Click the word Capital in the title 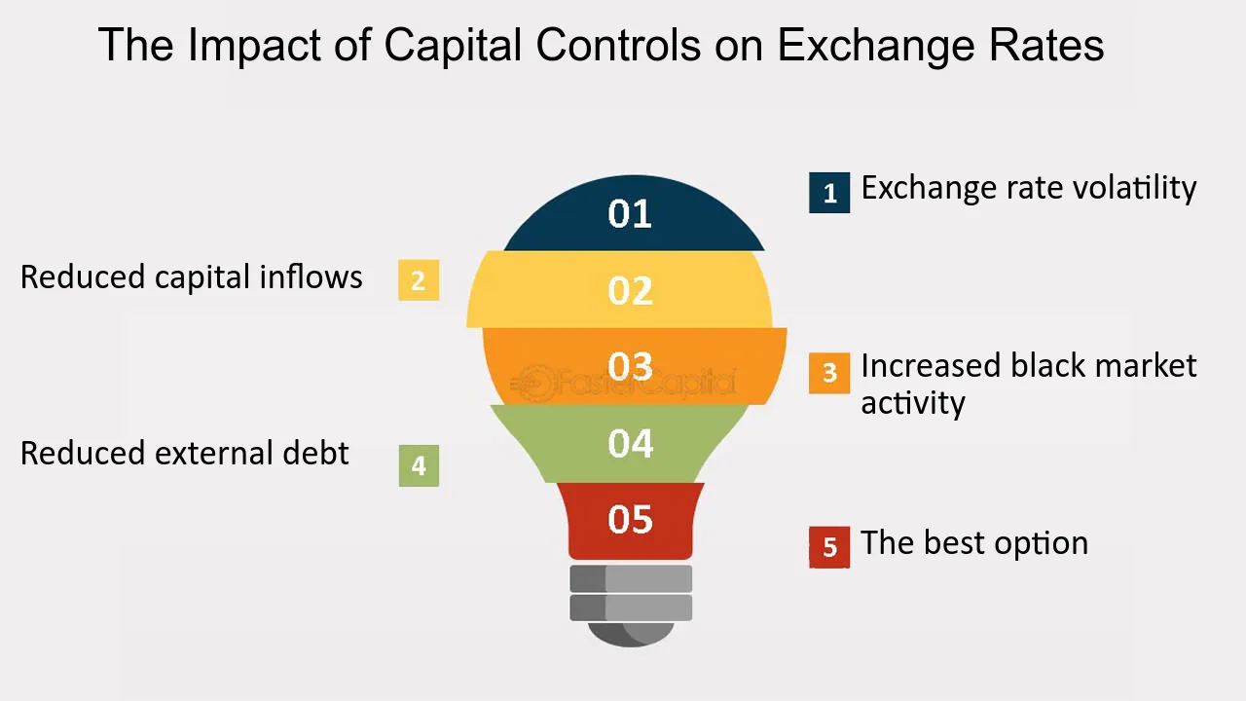tap(453, 46)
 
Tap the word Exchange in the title tap(875, 46)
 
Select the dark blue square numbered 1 tap(829, 193)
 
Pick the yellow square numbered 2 tap(419, 279)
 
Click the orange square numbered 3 tap(829, 373)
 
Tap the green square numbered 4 tap(419, 465)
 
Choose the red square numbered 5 tap(829, 547)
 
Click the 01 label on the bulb tap(630, 213)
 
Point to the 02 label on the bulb tap(630, 290)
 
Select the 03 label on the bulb tap(630, 366)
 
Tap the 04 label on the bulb tap(630, 443)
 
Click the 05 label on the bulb tap(630, 520)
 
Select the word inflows tap(311, 277)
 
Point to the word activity tap(913, 403)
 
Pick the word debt tap(315, 453)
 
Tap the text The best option tap(974, 543)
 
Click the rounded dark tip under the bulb tap(631, 635)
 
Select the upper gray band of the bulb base tap(631, 578)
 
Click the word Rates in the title tap(1046, 46)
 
